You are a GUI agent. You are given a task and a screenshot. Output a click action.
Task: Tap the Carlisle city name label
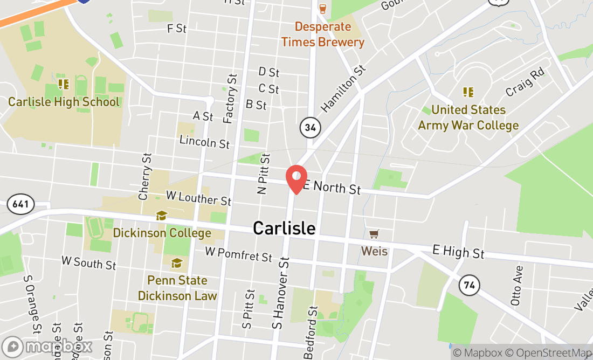pos(284,228)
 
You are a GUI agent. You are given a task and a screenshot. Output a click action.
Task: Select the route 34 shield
pos(310,128)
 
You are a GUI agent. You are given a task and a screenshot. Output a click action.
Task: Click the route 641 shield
pos(21,204)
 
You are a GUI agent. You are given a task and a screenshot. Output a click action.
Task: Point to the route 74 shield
pos(469,285)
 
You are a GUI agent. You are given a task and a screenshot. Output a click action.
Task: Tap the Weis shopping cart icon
pos(374,234)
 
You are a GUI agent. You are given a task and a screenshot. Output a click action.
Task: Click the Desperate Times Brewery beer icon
pos(323,8)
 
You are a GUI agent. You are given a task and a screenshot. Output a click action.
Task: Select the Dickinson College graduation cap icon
pos(161,216)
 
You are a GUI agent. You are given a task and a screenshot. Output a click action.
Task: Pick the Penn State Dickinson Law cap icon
pos(176,263)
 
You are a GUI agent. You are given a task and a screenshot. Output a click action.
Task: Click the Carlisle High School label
pos(64,102)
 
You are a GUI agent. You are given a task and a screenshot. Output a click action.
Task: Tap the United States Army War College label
pos(468,117)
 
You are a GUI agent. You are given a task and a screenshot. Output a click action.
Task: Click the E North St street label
pos(332,187)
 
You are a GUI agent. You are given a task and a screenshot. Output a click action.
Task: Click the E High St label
pos(458,251)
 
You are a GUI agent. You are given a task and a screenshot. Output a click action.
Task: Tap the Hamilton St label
pos(343,89)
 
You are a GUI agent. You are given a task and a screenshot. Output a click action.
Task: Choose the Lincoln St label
pos(204,142)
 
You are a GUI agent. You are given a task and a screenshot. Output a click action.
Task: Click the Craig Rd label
pos(525,82)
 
